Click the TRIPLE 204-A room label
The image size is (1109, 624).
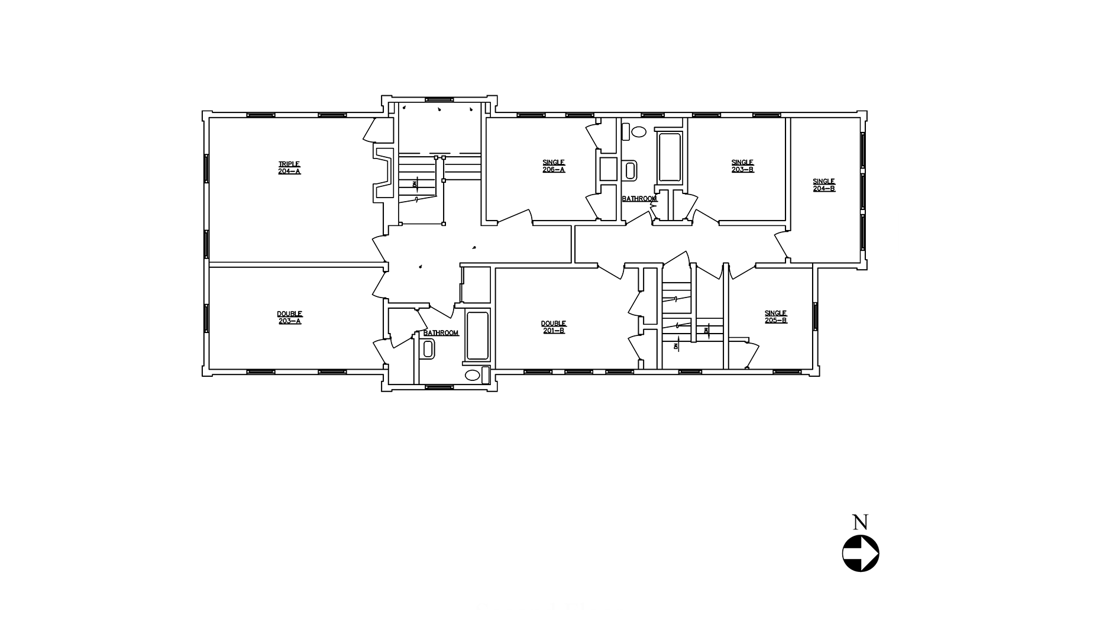pos(289,168)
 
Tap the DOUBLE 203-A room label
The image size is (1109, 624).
pos(289,318)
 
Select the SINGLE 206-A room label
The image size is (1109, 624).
pos(554,166)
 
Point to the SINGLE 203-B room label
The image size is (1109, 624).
pos(742,166)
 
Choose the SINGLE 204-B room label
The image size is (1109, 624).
pos(823,185)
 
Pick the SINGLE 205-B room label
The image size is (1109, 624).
pos(775,317)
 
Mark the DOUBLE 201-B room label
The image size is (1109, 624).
pos(553,327)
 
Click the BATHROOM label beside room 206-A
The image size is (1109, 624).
pos(639,199)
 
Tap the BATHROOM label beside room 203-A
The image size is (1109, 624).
pos(441,333)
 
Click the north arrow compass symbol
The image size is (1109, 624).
pos(860,554)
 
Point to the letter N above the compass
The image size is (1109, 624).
pos(860,522)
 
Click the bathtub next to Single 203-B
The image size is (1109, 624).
pos(670,157)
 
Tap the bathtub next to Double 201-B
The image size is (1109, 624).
pos(478,335)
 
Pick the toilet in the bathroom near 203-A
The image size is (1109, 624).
pos(428,348)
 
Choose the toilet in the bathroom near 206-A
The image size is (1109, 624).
pos(631,170)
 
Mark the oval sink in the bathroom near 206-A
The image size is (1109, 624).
pos(638,131)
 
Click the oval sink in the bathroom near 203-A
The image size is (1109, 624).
pos(473,375)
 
